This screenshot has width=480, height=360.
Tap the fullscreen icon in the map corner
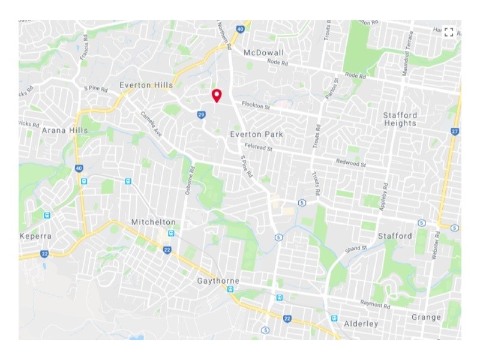pos(449,32)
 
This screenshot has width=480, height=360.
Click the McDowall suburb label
pos(263,53)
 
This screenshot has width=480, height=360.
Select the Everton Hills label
pos(146,85)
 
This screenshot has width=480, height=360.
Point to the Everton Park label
pos(256,134)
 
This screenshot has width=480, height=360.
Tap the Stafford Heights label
pos(400,119)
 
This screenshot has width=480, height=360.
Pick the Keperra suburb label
pos(35,236)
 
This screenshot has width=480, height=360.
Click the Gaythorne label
pos(218,281)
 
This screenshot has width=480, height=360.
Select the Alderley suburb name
pos(361,324)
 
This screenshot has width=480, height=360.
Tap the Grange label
pos(426,317)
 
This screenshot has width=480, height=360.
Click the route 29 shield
pos(201,115)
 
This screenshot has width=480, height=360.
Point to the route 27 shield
pos(455,131)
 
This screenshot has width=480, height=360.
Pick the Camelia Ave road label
pos(151,124)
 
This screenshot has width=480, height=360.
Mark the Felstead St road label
pos(258,148)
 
